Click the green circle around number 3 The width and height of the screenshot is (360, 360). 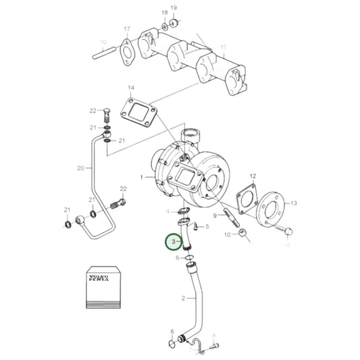pos(175,241)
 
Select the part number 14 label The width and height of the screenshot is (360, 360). pos(131,88)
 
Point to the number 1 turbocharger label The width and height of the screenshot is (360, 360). pos(142,177)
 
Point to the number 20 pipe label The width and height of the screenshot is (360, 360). pos(80,168)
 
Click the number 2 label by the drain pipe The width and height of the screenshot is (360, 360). pos(182,298)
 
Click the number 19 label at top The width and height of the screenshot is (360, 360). pos(173,7)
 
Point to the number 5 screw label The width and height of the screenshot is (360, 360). pos(207,227)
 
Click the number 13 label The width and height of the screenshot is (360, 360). pos(294,203)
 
